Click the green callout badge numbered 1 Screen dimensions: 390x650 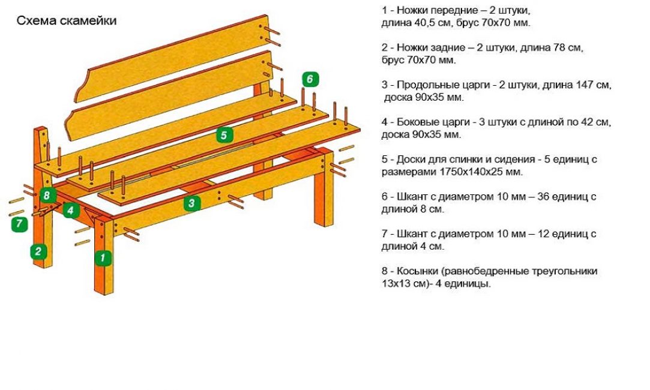click(103, 258)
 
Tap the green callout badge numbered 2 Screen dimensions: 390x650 click(38, 251)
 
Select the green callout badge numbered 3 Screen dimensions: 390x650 click(191, 203)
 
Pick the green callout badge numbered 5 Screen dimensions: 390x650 click(224, 136)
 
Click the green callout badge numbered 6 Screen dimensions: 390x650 click(309, 79)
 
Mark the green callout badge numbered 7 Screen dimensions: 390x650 click(20, 224)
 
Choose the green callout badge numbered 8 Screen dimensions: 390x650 click(48, 195)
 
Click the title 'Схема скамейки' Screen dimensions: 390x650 click(67, 21)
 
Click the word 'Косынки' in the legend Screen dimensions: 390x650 click(417, 271)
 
